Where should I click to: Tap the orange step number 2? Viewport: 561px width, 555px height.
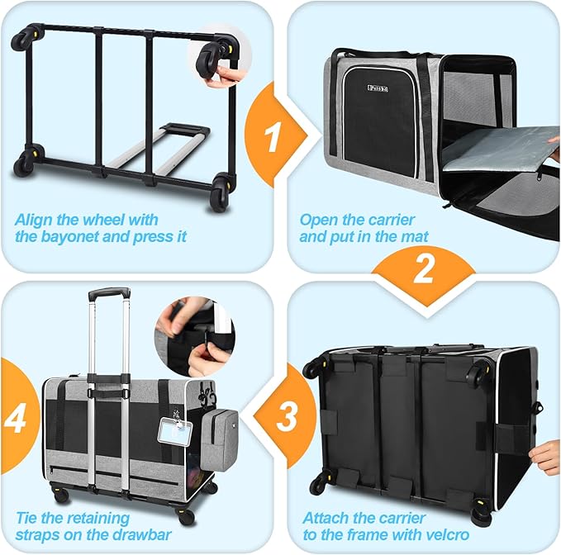[423, 269]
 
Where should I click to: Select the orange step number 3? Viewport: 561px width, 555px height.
[287, 416]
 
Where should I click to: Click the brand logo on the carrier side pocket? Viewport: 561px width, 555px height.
[378, 88]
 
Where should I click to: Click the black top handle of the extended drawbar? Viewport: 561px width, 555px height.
[109, 293]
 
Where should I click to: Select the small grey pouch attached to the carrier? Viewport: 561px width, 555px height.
[220, 440]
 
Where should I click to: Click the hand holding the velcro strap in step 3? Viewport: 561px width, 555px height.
[545, 457]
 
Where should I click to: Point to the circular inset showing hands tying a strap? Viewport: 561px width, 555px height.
[195, 336]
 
